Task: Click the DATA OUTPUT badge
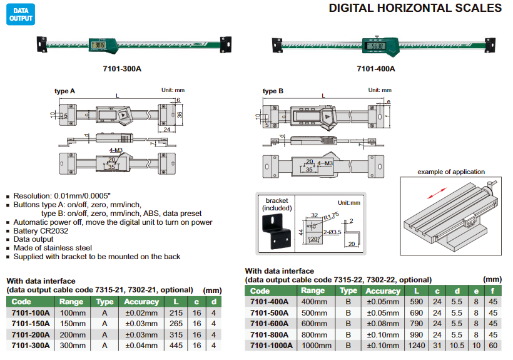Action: tap(20, 15)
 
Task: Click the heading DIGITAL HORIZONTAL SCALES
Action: tap(415, 8)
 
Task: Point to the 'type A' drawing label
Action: tap(64, 91)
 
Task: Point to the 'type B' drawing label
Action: tap(273, 91)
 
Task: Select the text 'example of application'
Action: tap(451, 172)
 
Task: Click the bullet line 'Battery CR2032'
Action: tap(42, 230)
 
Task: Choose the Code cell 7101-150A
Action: tap(29, 324)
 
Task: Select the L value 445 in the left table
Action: tap(175, 345)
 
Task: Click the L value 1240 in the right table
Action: tap(416, 345)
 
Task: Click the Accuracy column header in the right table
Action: tap(382, 291)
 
